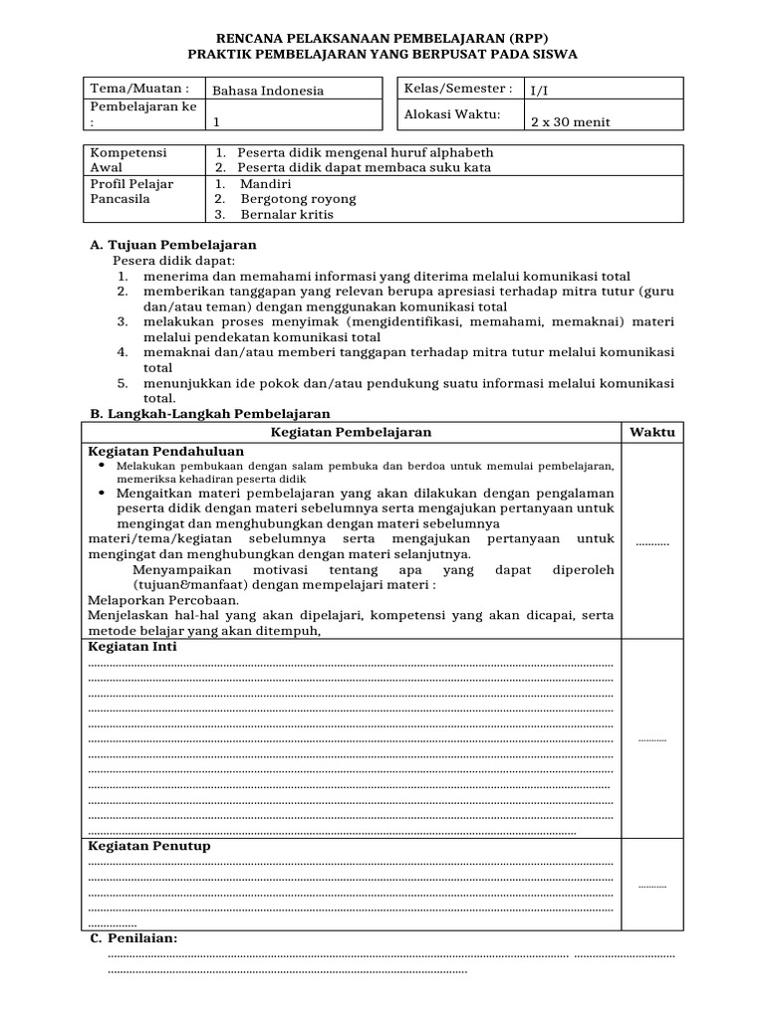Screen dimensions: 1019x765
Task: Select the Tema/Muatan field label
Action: pyautogui.click(x=140, y=89)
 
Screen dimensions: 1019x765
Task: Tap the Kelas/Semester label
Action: pyautogui.click(x=458, y=89)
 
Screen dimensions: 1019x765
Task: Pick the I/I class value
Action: pyautogui.click(x=538, y=91)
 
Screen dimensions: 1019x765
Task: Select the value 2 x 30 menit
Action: pyautogui.click(x=570, y=122)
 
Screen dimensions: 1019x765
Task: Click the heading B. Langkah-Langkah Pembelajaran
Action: pyautogui.click(x=210, y=413)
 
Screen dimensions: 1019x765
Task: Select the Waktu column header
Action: pyautogui.click(x=651, y=432)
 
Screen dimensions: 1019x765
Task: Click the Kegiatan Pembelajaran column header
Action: pyautogui.click(x=352, y=432)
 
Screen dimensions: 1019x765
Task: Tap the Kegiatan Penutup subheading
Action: pyautogui.click(x=149, y=846)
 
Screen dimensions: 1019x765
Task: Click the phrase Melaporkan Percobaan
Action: pyautogui.click(x=149, y=600)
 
